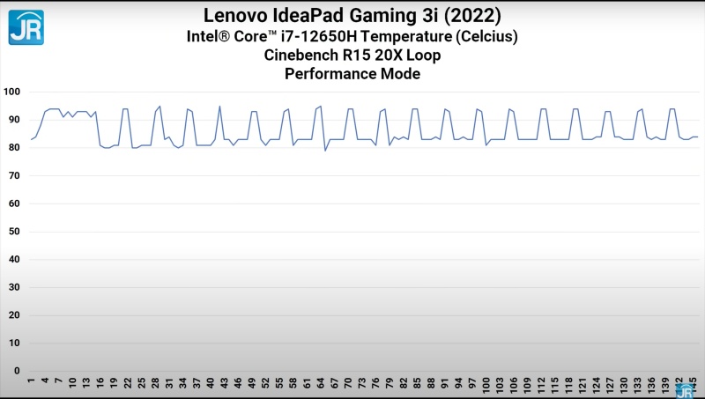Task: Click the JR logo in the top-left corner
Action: pyautogui.click(x=26, y=26)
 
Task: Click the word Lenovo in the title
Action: pyautogui.click(x=237, y=15)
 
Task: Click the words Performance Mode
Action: pyautogui.click(x=352, y=74)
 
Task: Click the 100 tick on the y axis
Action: pyautogui.click(x=11, y=92)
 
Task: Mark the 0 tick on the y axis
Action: pyautogui.click(x=17, y=371)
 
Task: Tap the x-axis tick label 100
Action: pyautogui.click(x=486, y=386)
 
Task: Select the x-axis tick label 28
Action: pyautogui.click(x=155, y=384)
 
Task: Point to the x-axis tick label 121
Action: pyautogui.click(x=583, y=386)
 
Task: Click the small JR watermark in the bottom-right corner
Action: pyautogui.click(x=685, y=391)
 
